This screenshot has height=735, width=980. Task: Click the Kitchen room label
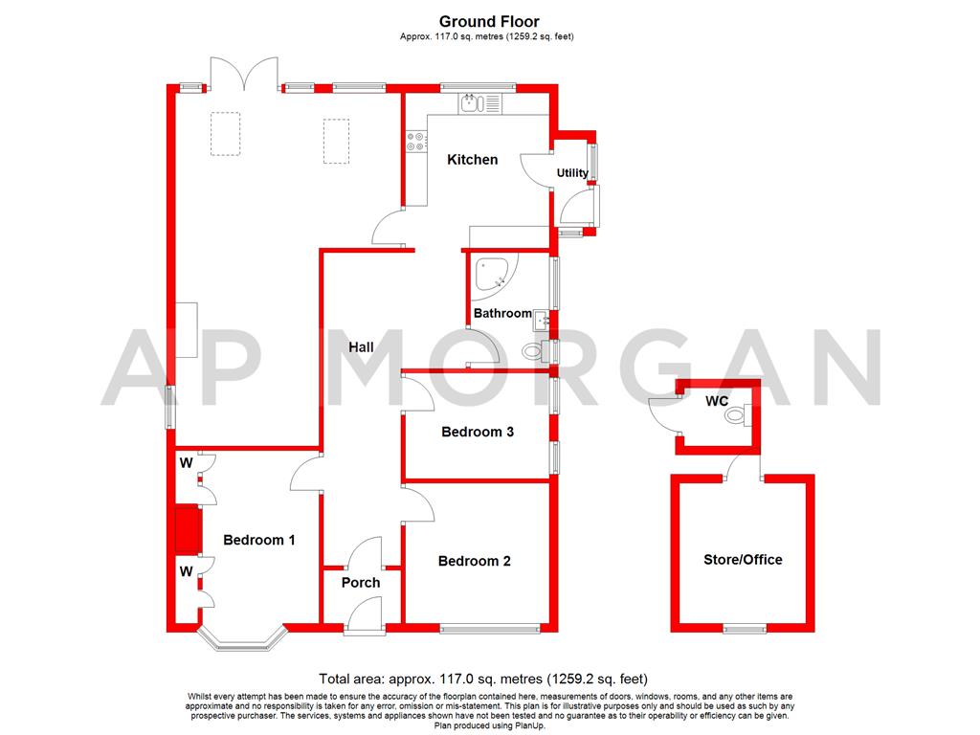tap(473, 160)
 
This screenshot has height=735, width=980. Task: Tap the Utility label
tap(572, 173)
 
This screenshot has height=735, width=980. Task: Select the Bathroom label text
tap(502, 313)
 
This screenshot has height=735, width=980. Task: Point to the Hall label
tap(361, 347)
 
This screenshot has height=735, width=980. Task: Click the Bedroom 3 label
tap(478, 432)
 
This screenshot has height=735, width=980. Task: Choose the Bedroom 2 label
tap(474, 561)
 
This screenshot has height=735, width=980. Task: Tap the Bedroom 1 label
tap(258, 540)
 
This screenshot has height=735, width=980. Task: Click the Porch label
tap(361, 582)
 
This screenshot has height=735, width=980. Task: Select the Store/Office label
tap(743, 560)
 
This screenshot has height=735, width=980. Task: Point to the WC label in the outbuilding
tap(718, 401)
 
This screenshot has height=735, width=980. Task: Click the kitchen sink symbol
tap(474, 101)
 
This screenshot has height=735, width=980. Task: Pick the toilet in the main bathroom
tap(531, 352)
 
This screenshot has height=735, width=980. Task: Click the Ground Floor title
tap(489, 21)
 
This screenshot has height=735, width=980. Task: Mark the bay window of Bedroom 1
tap(242, 640)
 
